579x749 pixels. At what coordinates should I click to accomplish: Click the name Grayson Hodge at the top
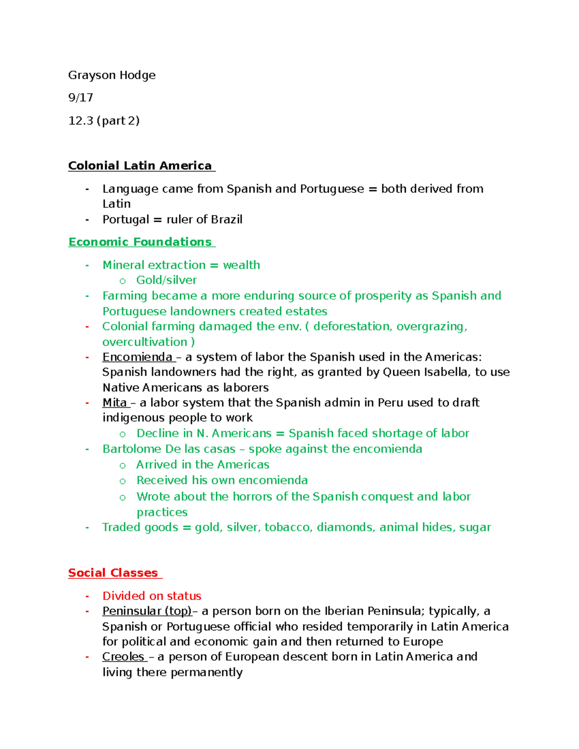tap(112, 75)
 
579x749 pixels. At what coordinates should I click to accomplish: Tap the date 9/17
tap(81, 98)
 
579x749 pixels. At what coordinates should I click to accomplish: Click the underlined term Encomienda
tap(138, 357)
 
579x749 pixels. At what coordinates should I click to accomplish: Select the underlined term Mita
tap(115, 403)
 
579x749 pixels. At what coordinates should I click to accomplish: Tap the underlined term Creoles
tap(124, 657)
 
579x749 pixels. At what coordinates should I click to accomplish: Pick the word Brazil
tap(227, 220)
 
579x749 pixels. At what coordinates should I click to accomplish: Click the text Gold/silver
tap(166, 280)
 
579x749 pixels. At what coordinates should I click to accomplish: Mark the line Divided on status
tap(152, 596)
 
